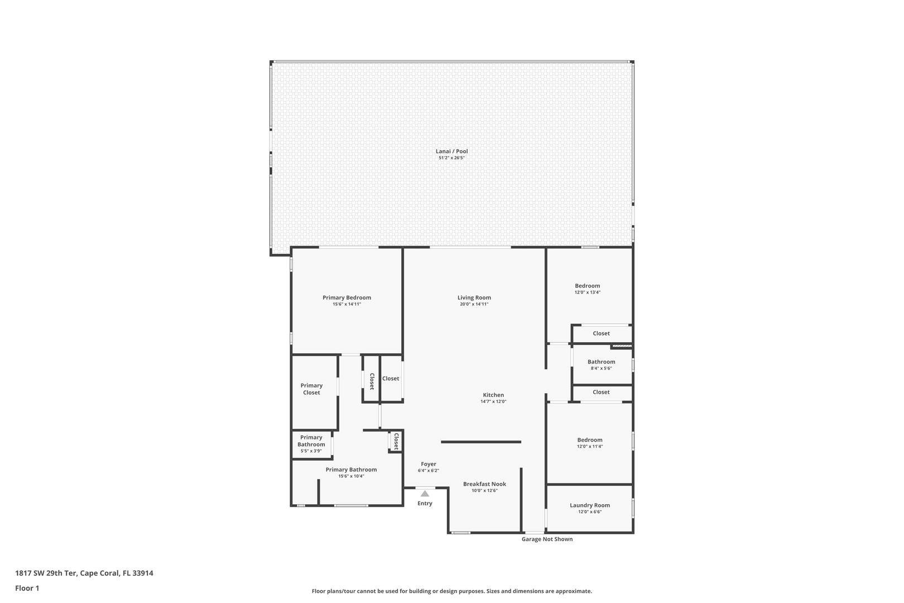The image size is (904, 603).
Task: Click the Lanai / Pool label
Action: [x=451, y=151]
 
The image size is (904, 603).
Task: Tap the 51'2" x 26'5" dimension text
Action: [x=451, y=158]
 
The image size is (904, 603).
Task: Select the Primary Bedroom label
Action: [x=347, y=298]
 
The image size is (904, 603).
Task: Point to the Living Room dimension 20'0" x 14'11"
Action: [x=474, y=304]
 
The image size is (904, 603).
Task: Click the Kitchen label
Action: [x=493, y=395]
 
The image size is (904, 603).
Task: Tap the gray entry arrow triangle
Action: [x=425, y=494]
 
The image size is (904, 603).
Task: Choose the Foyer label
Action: [x=429, y=464]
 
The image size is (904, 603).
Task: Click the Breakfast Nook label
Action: [x=484, y=484]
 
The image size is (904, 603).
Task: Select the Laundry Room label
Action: [x=590, y=505]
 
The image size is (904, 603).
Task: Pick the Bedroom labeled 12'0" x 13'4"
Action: [x=588, y=286]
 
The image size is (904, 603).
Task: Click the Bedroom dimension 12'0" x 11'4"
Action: [x=590, y=447]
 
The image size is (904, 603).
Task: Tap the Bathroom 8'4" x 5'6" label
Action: [x=601, y=362]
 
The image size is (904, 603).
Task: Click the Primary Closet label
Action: [x=311, y=389]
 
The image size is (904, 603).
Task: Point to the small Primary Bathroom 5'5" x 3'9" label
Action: [x=311, y=441]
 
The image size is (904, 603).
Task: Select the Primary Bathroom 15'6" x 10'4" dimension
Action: [x=351, y=476]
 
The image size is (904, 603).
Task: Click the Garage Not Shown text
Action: [x=547, y=539]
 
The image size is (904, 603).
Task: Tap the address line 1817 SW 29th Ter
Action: [x=84, y=573]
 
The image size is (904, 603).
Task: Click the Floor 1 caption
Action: [x=27, y=588]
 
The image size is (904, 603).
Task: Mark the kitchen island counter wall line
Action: [x=481, y=442]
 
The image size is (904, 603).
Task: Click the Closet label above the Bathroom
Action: [x=601, y=333]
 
